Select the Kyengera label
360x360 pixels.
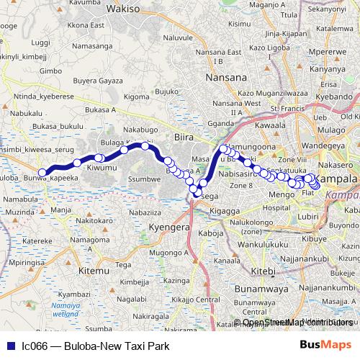click(x=168, y=227)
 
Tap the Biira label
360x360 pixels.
click(x=185, y=136)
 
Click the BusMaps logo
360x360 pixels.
click(x=325, y=345)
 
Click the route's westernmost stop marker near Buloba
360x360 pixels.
click(x=43, y=173)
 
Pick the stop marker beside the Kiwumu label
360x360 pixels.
click(x=99, y=158)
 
